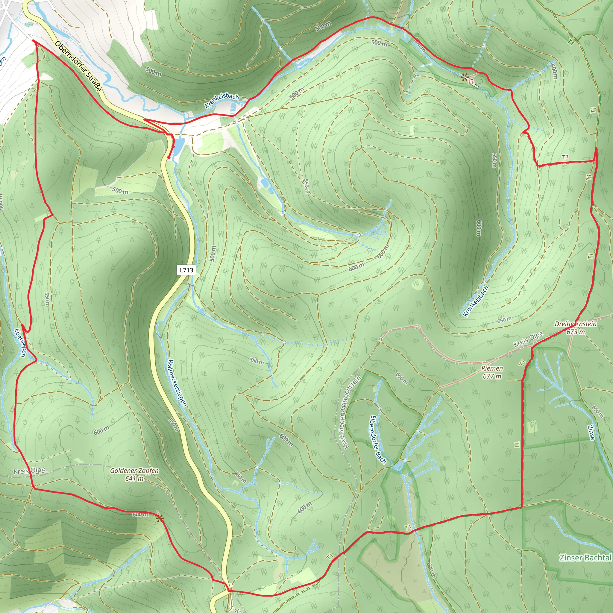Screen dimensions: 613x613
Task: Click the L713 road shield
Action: coord(186,270)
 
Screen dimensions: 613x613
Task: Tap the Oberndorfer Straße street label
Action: coord(78,66)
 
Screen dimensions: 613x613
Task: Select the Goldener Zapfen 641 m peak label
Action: coord(134,474)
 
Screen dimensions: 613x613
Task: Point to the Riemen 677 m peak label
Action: coord(492,372)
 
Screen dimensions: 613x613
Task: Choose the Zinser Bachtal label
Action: coord(585,557)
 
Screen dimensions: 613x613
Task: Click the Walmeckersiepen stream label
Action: coord(177,383)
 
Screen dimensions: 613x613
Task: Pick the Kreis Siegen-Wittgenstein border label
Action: coord(348,412)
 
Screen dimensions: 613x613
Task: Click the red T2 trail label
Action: coord(471,81)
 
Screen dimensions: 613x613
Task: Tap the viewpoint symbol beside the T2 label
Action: coord(465,77)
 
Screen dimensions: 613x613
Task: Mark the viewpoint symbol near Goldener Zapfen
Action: coord(160,518)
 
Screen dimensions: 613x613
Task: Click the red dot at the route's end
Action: coord(169,157)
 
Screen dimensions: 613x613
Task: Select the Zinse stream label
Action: coord(591,433)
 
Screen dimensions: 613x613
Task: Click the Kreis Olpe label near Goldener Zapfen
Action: coord(29,471)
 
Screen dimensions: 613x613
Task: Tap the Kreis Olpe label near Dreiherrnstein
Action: coord(528,339)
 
